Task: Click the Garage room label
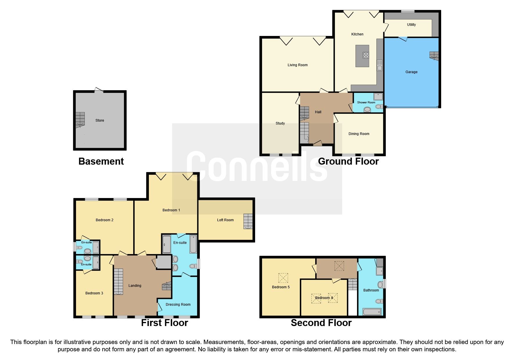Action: click(x=411, y=72)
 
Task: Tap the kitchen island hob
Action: click(x=366, y=55)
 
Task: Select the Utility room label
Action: click(x=411, y=25)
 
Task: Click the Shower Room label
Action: click(x=366, y=102)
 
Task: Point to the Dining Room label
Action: click(x=359, y=134)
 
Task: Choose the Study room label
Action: click(x=280, y=123)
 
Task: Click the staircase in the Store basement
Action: click(x=80, y=120)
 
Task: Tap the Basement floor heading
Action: click(x=101, y=161)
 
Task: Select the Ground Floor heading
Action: click(x=348, y=161)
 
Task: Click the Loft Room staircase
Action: click(x=248, y=221)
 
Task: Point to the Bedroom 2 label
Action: click(x=104, y=220)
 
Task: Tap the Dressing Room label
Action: click(x=178, y=305)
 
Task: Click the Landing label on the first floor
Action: click(x=135, y=286)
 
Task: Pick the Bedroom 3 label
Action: click(x=94, y=293)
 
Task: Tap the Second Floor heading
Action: click(x=321, y=323)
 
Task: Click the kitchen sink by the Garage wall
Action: click(x=379, y=65)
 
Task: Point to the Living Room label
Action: click(x=297, y=65)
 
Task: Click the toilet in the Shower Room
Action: click(x=367, y=110)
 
